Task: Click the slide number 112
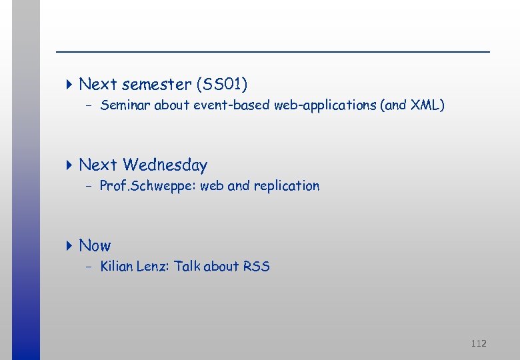tap(478, 343)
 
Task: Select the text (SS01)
tap(222, 85)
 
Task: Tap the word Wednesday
tap(165, 165)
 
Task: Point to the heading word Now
tap(95, 245)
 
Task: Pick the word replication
tap(286, 186)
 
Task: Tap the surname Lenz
tap(152, 267)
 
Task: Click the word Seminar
tap(125, 105)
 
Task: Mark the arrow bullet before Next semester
tap(70, 85)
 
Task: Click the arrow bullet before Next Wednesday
tap(70, 165)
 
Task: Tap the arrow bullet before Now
tap(70, 245)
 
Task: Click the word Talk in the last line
tap(187, 267)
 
